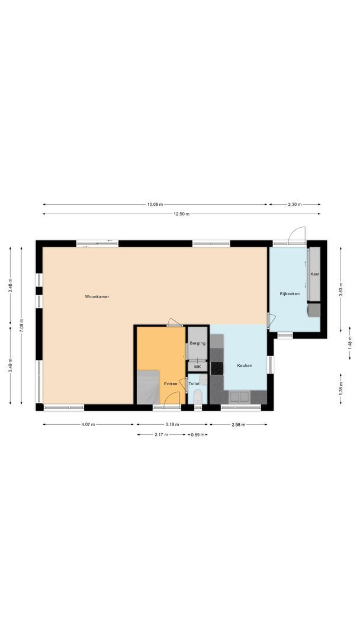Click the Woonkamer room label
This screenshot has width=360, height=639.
tap(97, 296)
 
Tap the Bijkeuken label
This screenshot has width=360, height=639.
tap(290, 293)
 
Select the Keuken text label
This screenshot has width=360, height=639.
tap(245, 366)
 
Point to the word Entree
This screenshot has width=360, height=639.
tap(171, 384)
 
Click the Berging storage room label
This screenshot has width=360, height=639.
tap(198, 343)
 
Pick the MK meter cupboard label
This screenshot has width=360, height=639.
tap(198, 367)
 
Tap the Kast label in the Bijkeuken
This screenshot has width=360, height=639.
tap(314, 274)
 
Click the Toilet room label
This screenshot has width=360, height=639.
tap(194, 384)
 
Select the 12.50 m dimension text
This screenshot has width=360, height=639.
tap(181, 214)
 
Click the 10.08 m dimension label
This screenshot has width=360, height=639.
tap(155, 205)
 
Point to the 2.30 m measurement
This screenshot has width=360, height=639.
tap(294, 205)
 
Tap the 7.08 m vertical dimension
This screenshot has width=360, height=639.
tap(21, 325)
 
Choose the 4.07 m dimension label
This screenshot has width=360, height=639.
tap(88, 424)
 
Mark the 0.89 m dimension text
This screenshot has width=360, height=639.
tap(198, 434)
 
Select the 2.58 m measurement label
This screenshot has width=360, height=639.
tap(237, 424)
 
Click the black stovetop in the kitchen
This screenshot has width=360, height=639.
tap(217, 368)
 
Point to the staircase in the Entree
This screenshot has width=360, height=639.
tap(148, 387)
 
